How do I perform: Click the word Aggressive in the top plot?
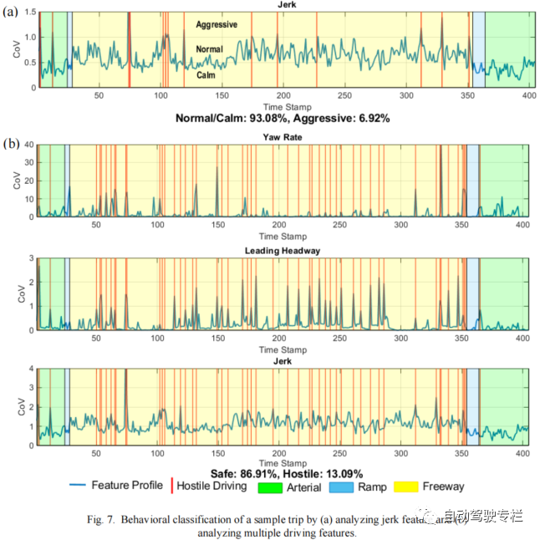coord(217,25)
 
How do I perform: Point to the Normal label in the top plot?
coord(209,49)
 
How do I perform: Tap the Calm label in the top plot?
coord(206,74)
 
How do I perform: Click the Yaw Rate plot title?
coord(283,137)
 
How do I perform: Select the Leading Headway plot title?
coord(282,251)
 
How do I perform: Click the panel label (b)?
coord(12,143)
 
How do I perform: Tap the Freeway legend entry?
coord(443,487)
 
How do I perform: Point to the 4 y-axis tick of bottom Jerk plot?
coord(29,369)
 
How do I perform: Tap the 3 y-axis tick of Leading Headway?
coord(29,257)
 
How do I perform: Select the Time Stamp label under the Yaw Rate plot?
coord(283,237)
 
